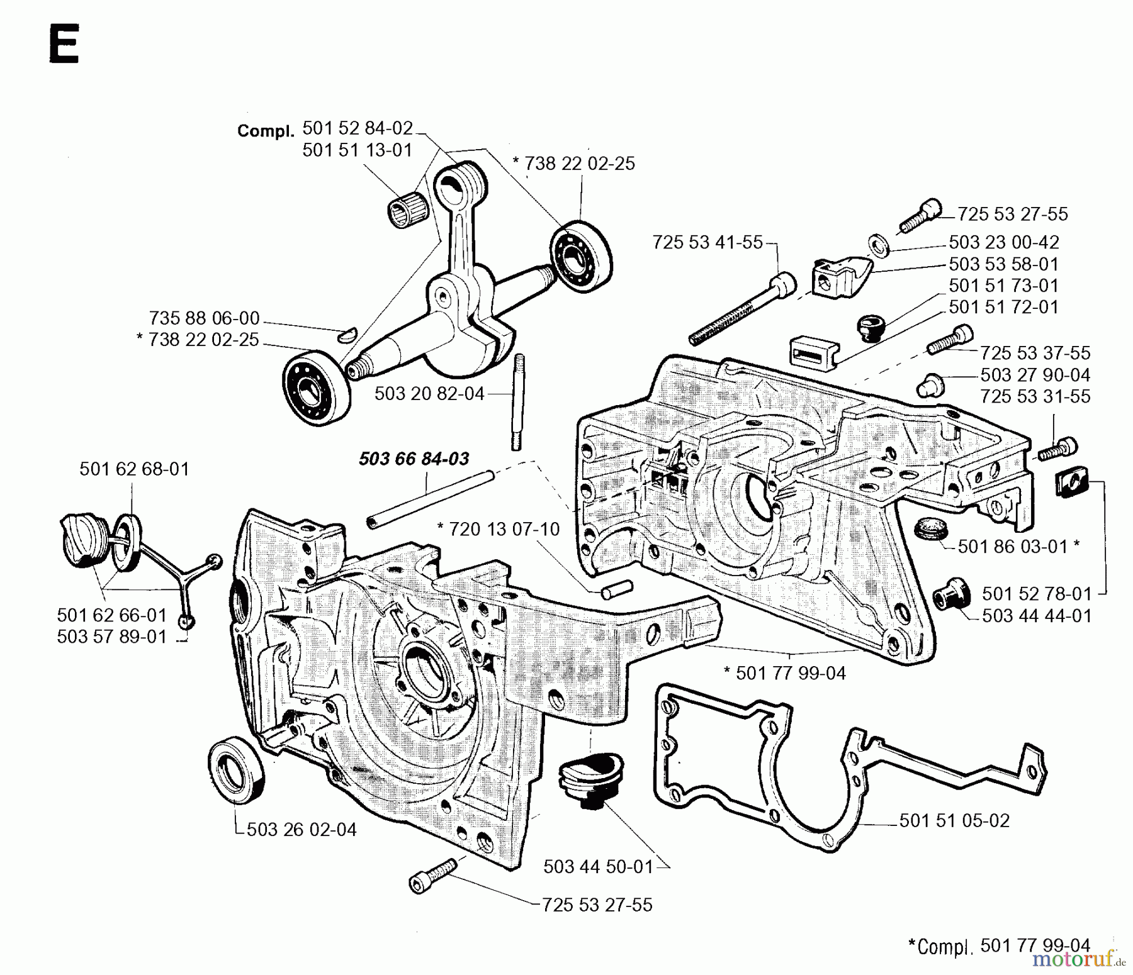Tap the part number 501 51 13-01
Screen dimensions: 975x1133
pyautogui.click(x=357, y=150)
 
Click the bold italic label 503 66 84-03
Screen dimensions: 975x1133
pyautogui.click(x=414, y=459)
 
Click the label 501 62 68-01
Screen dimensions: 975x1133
pyautogui.click(x=134, y=469)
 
